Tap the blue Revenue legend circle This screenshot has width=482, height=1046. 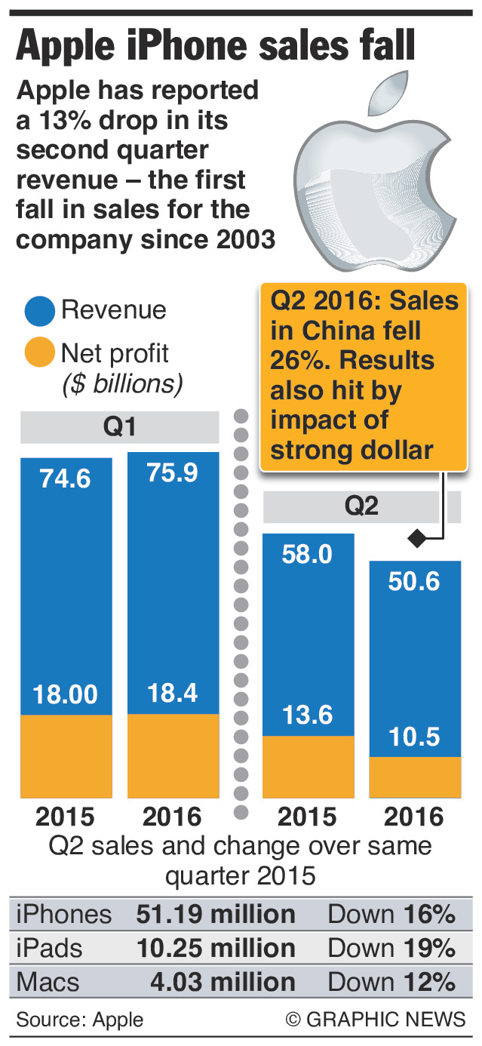(39, 310)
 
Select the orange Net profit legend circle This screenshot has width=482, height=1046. (39, 353)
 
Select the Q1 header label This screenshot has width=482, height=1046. (120, 428)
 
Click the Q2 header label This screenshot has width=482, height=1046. (362, 506)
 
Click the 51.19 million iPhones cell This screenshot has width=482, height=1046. (216, 915)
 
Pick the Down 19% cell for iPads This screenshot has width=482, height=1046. (391, 948)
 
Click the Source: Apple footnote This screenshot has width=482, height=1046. (79, 1020)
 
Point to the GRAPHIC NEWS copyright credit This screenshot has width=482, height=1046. (376, 1020)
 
